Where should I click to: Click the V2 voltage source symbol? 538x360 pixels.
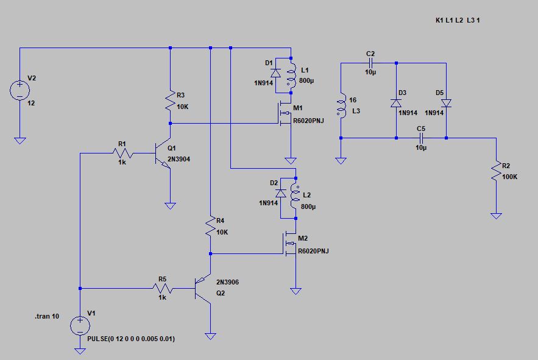click(20, 90)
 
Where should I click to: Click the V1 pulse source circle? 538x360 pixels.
click(80, 326)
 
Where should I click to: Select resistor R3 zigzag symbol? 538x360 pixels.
click(170, 101)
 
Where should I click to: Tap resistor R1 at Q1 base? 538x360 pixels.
click(122, 153)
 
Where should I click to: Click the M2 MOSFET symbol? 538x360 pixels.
click(290, 243)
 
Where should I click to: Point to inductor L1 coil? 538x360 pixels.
click(292, 76)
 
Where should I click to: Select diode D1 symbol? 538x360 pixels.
click(275, 72)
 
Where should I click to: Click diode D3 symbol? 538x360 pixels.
click(396, 103)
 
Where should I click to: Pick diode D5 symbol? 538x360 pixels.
click(447, 103)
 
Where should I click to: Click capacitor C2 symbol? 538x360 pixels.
click(371, 63)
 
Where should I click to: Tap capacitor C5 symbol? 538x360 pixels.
click(421, 138)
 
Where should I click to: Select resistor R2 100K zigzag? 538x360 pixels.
click(496, 171)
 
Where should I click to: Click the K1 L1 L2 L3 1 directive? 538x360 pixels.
click(458, 20)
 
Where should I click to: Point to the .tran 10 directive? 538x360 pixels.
click(47, 316)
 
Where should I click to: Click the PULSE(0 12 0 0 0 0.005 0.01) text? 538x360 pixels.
click(131, 339)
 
